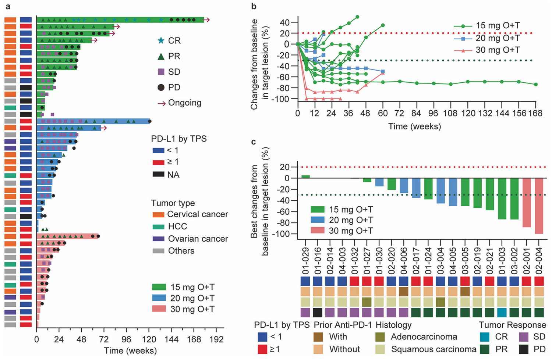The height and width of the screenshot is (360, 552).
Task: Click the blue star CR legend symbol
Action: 161,40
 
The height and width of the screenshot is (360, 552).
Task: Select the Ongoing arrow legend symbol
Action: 162,103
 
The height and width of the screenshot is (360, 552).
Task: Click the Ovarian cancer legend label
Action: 198,239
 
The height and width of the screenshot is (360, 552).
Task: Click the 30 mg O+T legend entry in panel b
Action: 498,50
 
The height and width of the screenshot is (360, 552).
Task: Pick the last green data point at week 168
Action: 535,85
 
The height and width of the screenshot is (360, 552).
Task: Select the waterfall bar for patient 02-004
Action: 539,206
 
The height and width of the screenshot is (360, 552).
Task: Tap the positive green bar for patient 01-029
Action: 305,177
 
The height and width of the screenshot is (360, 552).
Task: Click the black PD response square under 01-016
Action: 318,313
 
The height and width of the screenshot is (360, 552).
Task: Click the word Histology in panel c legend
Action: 393,325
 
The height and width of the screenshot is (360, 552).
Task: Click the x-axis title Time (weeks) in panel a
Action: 130,351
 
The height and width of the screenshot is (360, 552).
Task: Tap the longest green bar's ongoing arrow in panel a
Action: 207,20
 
